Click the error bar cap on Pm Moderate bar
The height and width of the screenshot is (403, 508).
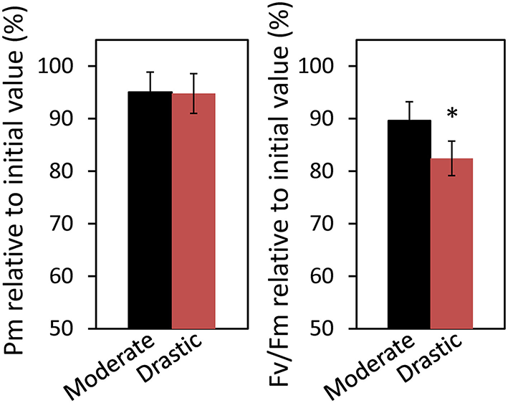click(x=150, y=72)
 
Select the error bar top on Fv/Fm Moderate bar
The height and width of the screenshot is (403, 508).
click(x=409, y=102)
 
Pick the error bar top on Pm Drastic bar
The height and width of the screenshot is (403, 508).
click(x=193, y=74)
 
